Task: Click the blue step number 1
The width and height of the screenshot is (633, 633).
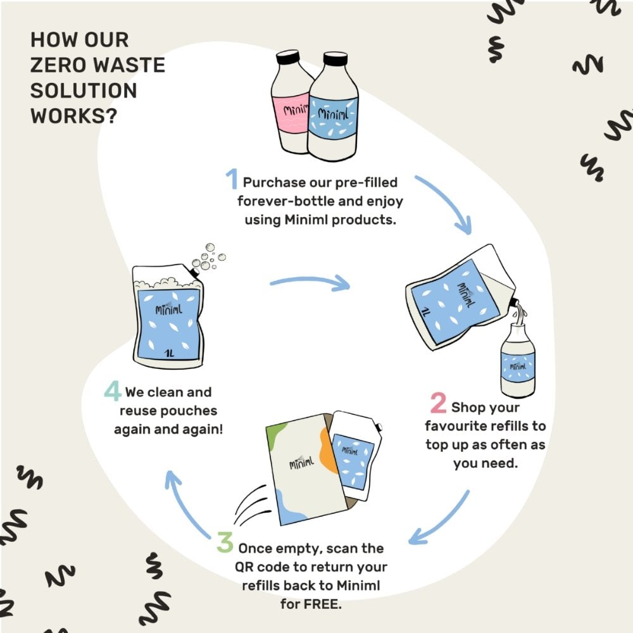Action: (232, 180)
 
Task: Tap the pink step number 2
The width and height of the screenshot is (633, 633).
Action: (438, 403)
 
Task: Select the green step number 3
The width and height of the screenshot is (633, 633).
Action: (225, 542)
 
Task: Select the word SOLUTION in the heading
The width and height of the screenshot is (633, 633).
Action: (84, 91)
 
